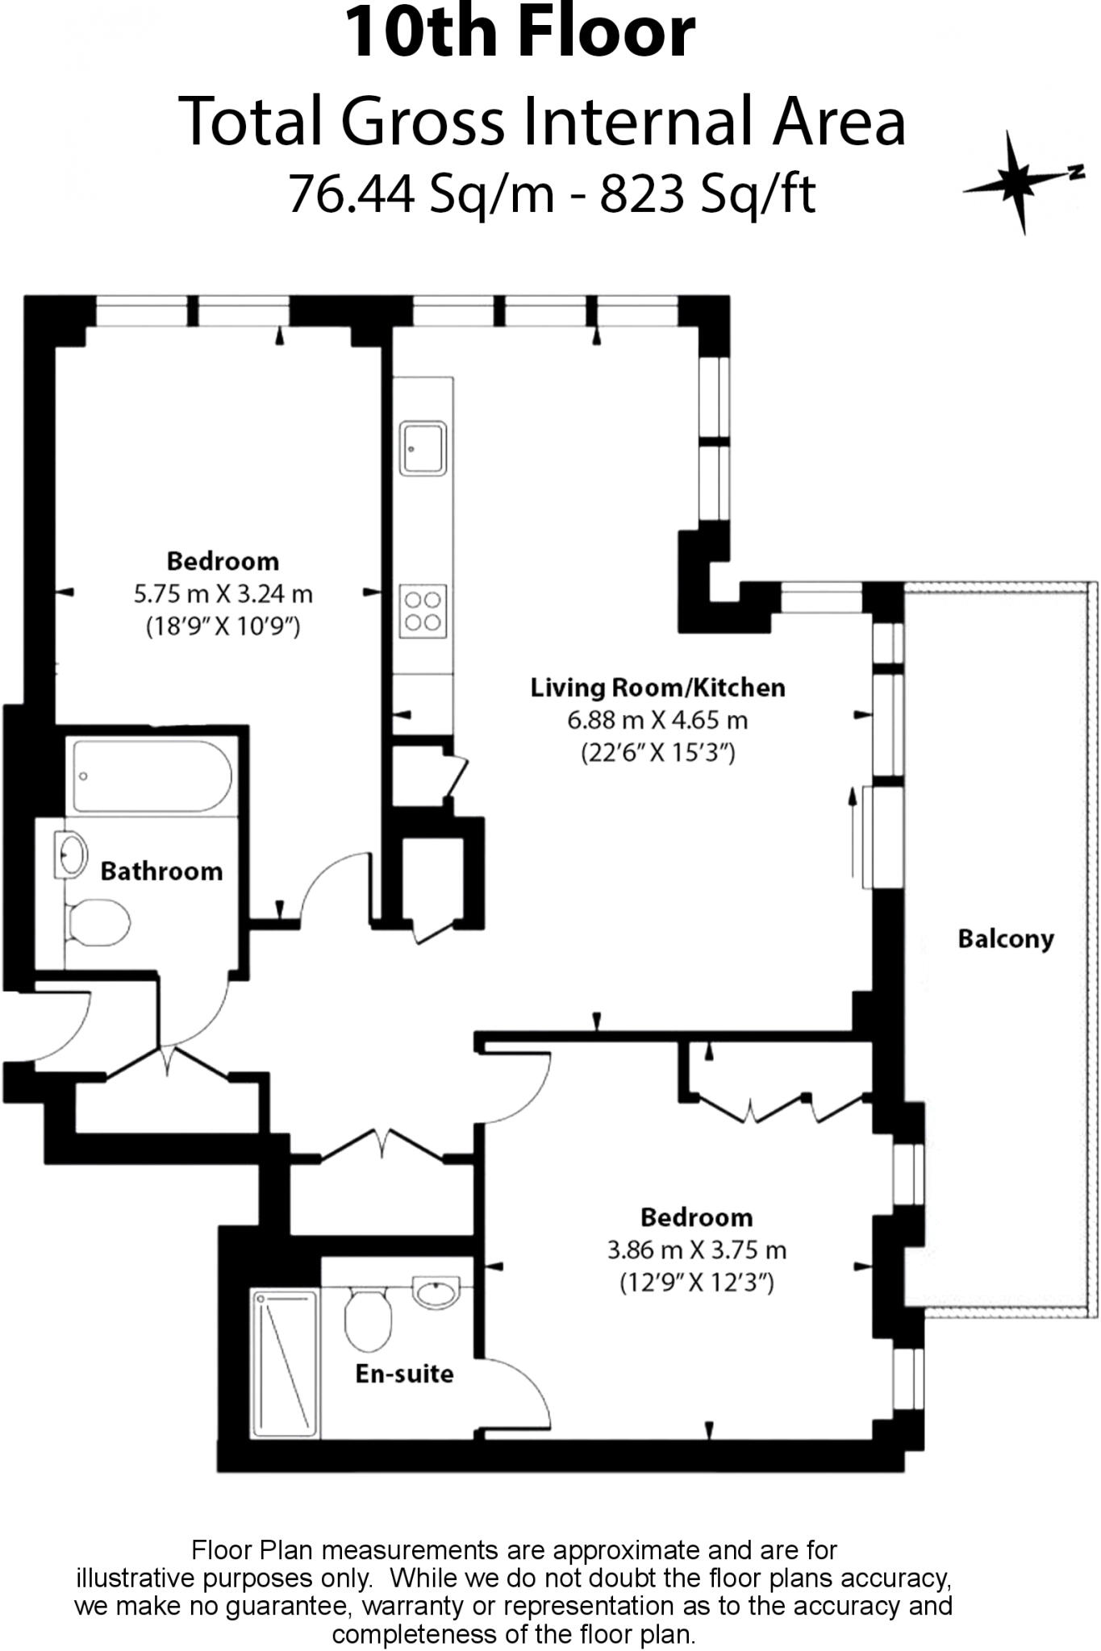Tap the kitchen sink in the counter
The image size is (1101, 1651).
[423, 448]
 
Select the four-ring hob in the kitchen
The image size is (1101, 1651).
[423, 611]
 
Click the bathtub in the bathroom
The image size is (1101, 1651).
[152, 776]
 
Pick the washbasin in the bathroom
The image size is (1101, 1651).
[70, 854]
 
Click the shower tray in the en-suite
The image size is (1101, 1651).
[285, 1364]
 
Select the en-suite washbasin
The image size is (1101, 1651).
[436, 1292]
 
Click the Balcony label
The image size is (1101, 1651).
[1006, 939]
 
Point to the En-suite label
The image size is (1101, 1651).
[404, 1374]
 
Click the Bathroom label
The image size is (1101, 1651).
[161, 871]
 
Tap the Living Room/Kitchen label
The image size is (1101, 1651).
[657, 688]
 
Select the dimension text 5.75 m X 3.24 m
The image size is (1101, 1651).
[223, 594]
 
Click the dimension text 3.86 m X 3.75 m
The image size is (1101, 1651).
[697, 1250]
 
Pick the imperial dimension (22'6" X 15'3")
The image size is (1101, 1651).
[658, 753]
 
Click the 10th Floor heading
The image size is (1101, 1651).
[520, 33]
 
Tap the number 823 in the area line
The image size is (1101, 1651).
[642, 193]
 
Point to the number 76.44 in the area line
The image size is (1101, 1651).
[352, 193]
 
